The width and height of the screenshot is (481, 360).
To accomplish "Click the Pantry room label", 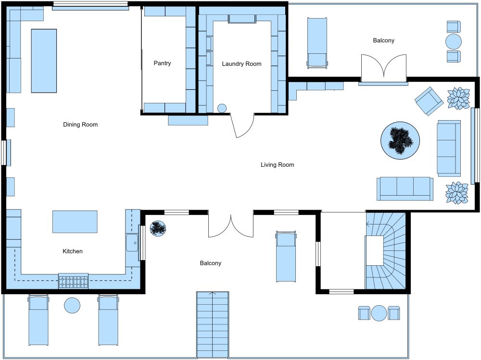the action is point(162,63).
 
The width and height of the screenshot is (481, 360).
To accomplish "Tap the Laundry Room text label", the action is point(242,64).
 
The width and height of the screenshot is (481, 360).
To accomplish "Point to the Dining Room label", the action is point(80,124).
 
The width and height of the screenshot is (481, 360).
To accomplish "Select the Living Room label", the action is point(278,165).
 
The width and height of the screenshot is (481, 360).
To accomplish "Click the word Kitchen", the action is point(73,251).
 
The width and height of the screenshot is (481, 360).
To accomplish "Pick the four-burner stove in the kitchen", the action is point(73,281).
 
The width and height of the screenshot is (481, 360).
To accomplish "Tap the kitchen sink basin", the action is point(132,243).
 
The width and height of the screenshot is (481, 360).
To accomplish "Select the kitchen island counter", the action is point(75,222).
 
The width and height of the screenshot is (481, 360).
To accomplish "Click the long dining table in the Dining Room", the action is point(44,61).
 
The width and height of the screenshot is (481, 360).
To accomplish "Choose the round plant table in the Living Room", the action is point(400,140).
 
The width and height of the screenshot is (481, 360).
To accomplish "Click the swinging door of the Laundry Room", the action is point(242,126).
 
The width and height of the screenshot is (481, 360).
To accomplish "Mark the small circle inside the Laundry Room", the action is point(222,108).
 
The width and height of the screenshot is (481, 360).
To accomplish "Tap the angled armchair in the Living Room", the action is point(429,101).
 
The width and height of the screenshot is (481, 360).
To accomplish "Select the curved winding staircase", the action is point(386,250).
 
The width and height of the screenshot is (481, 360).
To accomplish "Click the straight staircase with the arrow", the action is point(213,325).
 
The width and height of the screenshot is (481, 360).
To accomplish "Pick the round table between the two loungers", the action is point(72,305).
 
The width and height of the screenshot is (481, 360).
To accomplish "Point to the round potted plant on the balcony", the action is point(158,228).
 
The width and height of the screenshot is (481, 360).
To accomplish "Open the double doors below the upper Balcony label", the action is point(384,68).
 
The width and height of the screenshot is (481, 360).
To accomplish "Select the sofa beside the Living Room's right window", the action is point(449,149).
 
